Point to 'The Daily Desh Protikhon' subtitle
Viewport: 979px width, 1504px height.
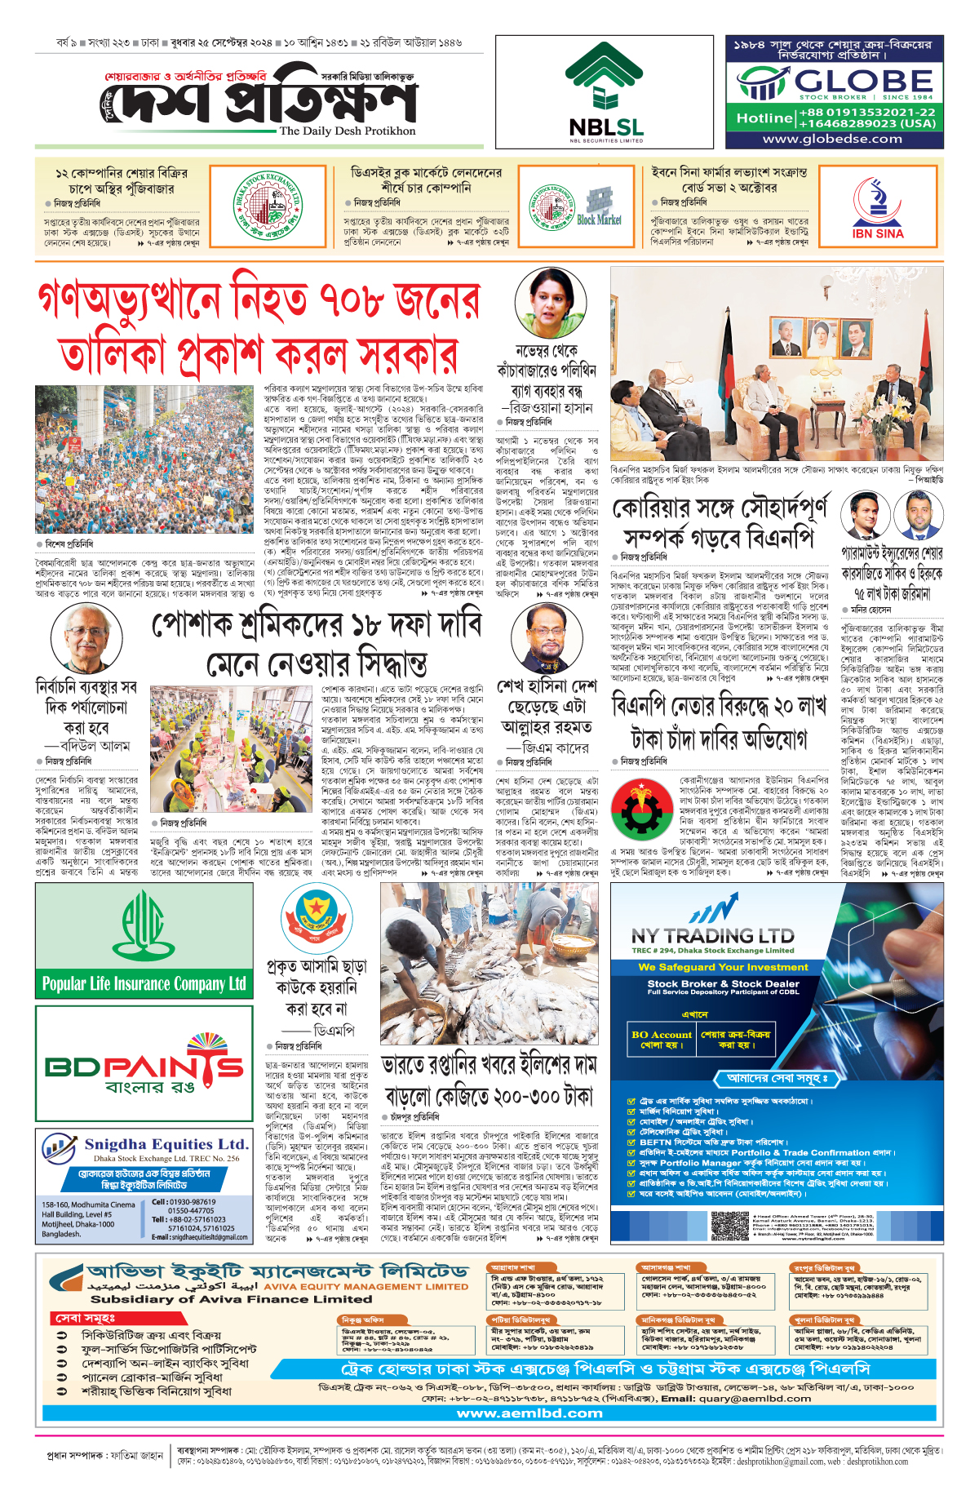pos(347,131)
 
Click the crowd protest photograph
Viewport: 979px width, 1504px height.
pos(144,459)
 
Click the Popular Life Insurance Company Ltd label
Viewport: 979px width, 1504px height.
pos(144,983)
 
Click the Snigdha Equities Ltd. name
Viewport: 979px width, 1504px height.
pos(166,1144)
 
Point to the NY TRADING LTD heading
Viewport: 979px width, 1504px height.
pos(712,935)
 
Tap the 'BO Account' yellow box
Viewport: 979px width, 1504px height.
pos(661,1039)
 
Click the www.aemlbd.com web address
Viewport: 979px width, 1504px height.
pos(529,1413)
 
